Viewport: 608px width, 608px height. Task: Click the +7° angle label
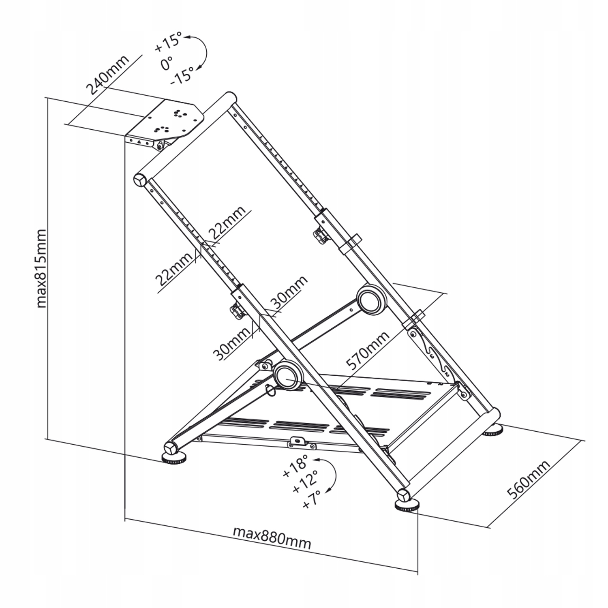[311, 499]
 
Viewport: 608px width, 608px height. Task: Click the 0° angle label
[167, 63]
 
